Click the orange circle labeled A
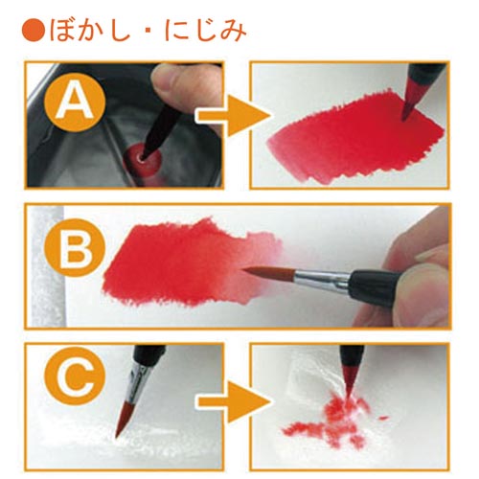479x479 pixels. [75, 102]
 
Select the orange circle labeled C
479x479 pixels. [75, 376]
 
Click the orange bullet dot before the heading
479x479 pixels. [34, 31]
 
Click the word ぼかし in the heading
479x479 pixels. [90, 31]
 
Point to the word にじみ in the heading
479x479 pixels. [205, 31]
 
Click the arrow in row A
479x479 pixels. [233, 116]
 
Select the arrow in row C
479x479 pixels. [233, 401]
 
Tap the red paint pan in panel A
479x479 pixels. [143, 157]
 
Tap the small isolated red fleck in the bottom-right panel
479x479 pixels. [383, 418]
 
